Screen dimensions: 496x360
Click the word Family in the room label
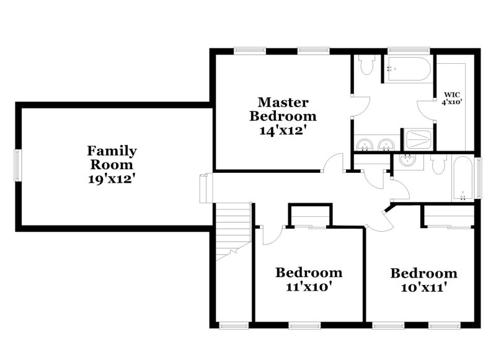coord(112,151)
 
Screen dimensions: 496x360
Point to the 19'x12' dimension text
coord(112,179)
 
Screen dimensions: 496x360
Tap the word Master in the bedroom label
coord(283,102)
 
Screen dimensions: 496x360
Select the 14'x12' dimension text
coord(283,131)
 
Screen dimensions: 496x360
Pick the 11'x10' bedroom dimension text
coord(309,287)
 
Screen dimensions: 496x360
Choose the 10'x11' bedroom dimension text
coord(424,288)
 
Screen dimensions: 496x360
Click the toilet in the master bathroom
coord(367,64)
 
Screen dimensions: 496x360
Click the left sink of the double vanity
coord(364,145)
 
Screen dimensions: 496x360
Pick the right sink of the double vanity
coord(386,145)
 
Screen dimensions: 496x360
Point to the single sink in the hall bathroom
coord(408,160)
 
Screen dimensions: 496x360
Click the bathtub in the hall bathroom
coord(463,178)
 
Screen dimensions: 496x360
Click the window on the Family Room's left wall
coord(18,165)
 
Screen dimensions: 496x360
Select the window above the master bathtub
coord(409,51)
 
